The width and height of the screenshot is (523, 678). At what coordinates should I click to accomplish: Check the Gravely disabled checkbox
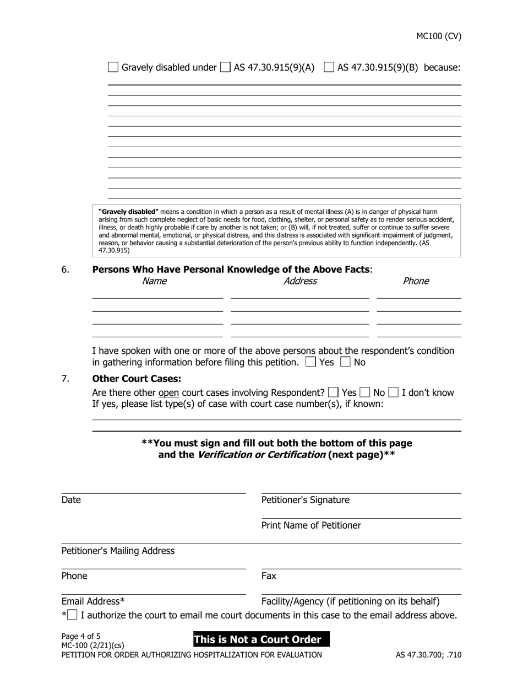113,67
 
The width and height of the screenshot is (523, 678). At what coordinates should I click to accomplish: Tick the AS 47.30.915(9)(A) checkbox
225,67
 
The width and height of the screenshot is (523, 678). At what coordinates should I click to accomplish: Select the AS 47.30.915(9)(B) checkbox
329,67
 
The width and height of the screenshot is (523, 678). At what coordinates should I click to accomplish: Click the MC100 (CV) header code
438,36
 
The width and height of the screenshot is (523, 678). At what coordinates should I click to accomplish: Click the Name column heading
154,281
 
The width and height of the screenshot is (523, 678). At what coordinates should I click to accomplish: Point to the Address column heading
300,281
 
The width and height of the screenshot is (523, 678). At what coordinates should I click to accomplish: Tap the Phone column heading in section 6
416,281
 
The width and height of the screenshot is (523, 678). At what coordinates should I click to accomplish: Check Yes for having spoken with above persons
310,362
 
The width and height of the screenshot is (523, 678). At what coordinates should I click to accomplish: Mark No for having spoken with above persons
346,362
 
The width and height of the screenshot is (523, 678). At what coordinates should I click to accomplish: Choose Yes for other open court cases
333,392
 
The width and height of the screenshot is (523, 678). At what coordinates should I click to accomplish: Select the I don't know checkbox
394,392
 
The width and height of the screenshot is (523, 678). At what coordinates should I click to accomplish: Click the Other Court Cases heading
137,379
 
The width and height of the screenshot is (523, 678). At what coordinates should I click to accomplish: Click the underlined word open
168,392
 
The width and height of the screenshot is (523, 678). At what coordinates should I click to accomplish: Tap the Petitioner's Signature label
305,500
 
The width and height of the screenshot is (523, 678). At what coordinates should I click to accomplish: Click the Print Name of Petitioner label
311,525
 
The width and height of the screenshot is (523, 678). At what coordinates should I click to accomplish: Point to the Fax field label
269,576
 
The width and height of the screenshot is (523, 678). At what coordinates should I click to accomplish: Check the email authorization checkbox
72,615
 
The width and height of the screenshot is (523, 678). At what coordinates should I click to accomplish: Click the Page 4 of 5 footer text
81,636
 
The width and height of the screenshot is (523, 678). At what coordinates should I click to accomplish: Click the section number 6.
65,270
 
